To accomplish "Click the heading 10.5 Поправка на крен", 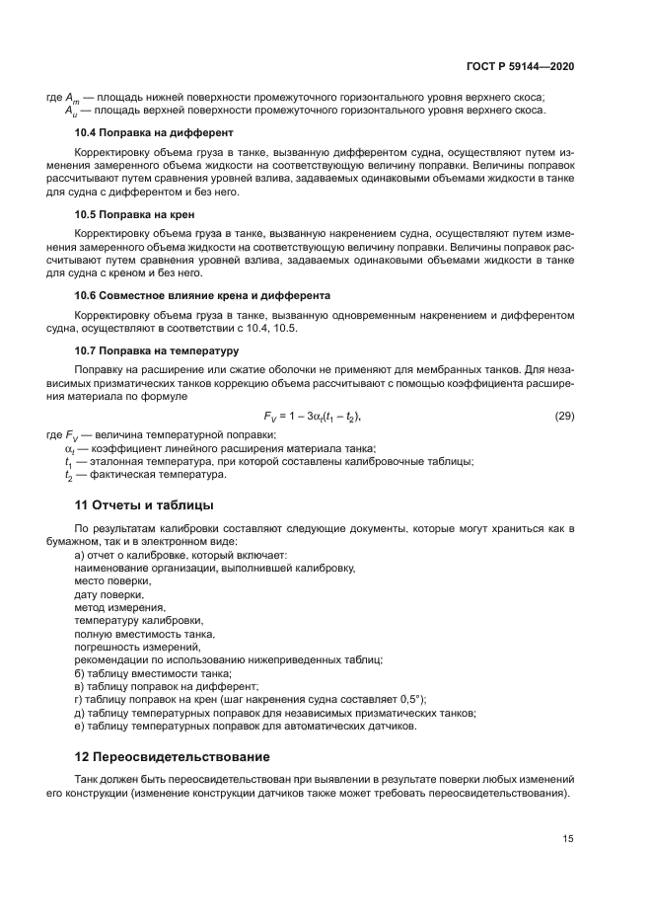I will (135, 213).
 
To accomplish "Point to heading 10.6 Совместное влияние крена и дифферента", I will (202, 295).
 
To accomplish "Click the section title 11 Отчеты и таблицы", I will (144, 505).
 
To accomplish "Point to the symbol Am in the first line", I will (72, 98).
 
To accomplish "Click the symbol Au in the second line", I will (72, 111).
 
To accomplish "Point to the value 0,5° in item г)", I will (407, 698).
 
